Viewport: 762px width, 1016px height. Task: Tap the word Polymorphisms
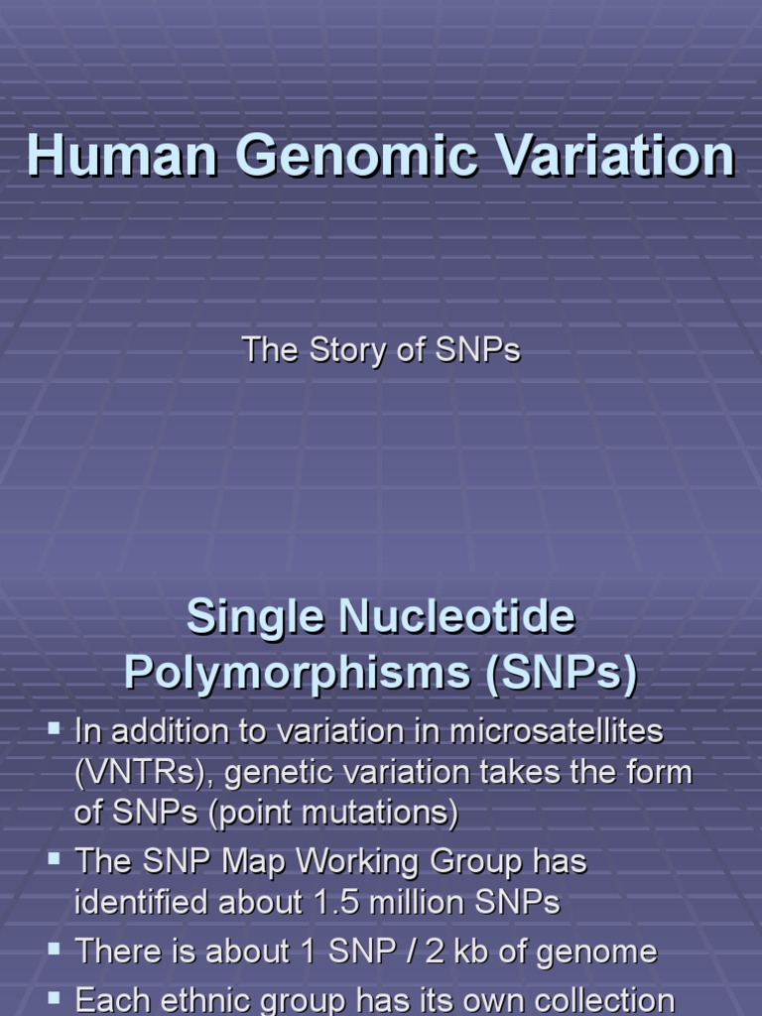tap(298, 674)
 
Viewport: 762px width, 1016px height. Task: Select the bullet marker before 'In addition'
tap(54, 730)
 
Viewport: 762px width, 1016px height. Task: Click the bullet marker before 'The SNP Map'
tap(54, 856)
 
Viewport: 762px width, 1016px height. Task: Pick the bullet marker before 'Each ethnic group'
tap(54, 995)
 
